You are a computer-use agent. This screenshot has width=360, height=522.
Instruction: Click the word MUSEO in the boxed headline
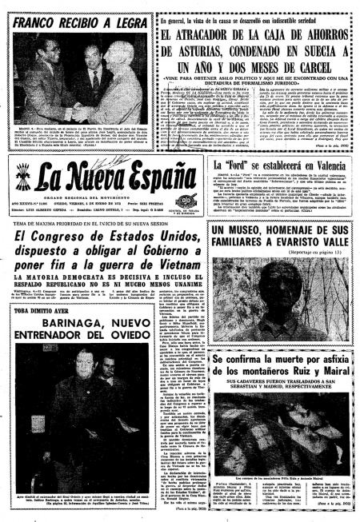point(249,232)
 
